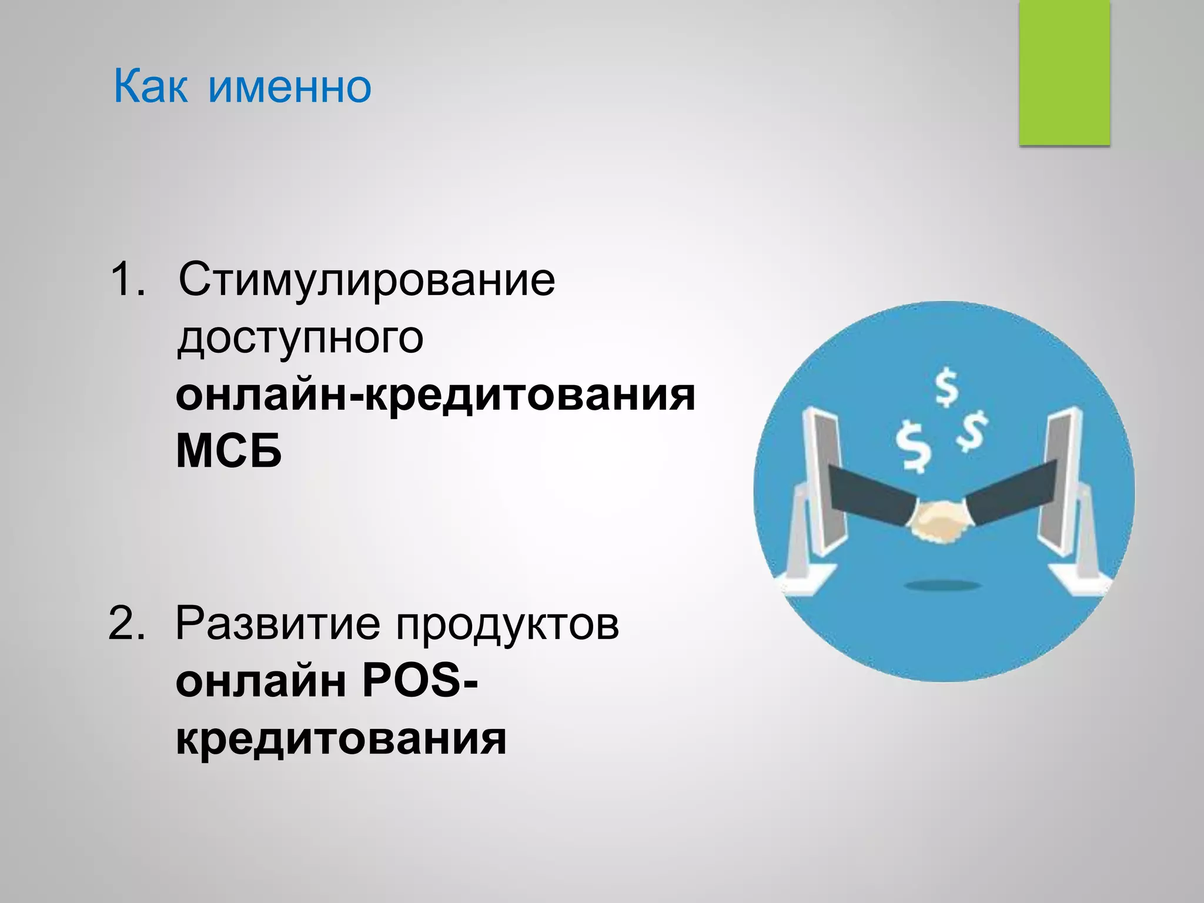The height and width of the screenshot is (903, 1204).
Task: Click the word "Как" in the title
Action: coord(150,87)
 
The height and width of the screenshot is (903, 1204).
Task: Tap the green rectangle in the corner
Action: coord(1064,72)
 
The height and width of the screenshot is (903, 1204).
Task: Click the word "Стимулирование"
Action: coord(366,280)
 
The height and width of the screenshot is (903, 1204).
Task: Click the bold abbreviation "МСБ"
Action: coord(229,451)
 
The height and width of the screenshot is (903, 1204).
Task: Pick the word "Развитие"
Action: coord(277,623)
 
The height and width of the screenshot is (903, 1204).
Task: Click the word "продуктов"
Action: coord(507,623)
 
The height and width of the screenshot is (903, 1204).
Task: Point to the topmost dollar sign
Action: coord(946,387)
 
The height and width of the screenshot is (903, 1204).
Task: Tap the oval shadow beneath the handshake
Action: coord(942,585)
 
